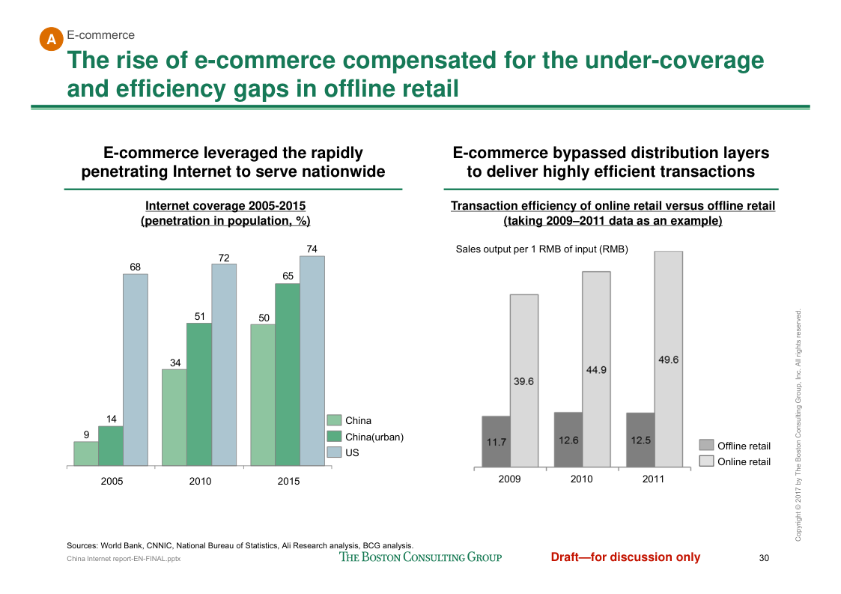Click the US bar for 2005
pyautogui.click(x=136, y=370)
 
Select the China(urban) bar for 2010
pyautogui.click(x=199, y=395)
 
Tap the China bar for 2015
pyautogui.click(x=263, y=396)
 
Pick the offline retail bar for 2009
pyautogui.click(x=496, y=442)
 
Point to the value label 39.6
pyautogui.click(x=523, y=381)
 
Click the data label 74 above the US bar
pyautogui.click(x=312, y=249)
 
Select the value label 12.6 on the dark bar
pyautogui.click(x=568, y=440)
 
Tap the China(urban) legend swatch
pyautogui.click(x=334, y=437)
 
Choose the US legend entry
pyautogui.click(x=352, y=452)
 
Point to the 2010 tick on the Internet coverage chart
pyautogui.click(x=200, y=482)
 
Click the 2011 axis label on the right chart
pyautogui.click(x=653, y=479)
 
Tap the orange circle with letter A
pyautogui.click(x=51, y=40)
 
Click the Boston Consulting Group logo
pyautogui.click(x=421, y=557)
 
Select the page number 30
pyautogui.click(x=764, y=557)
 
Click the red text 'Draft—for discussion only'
pyautogui.click(x=625, y=557)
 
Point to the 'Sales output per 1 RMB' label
pyautogui.click(x=541, y=249)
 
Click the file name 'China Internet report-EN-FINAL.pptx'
pyautogui.click(x=124, y=559)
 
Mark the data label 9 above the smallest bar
pyautogui.click(x=87, y=434)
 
